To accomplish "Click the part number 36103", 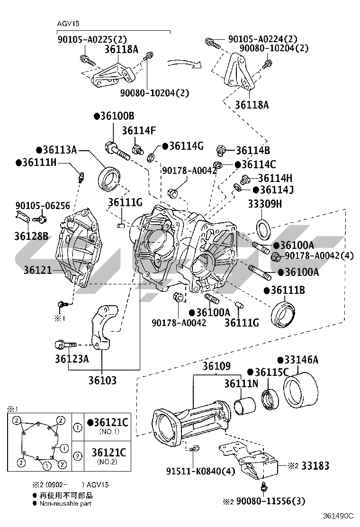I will point(102,380).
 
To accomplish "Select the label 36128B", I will point(31,235).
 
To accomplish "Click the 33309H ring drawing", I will point(263,228).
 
